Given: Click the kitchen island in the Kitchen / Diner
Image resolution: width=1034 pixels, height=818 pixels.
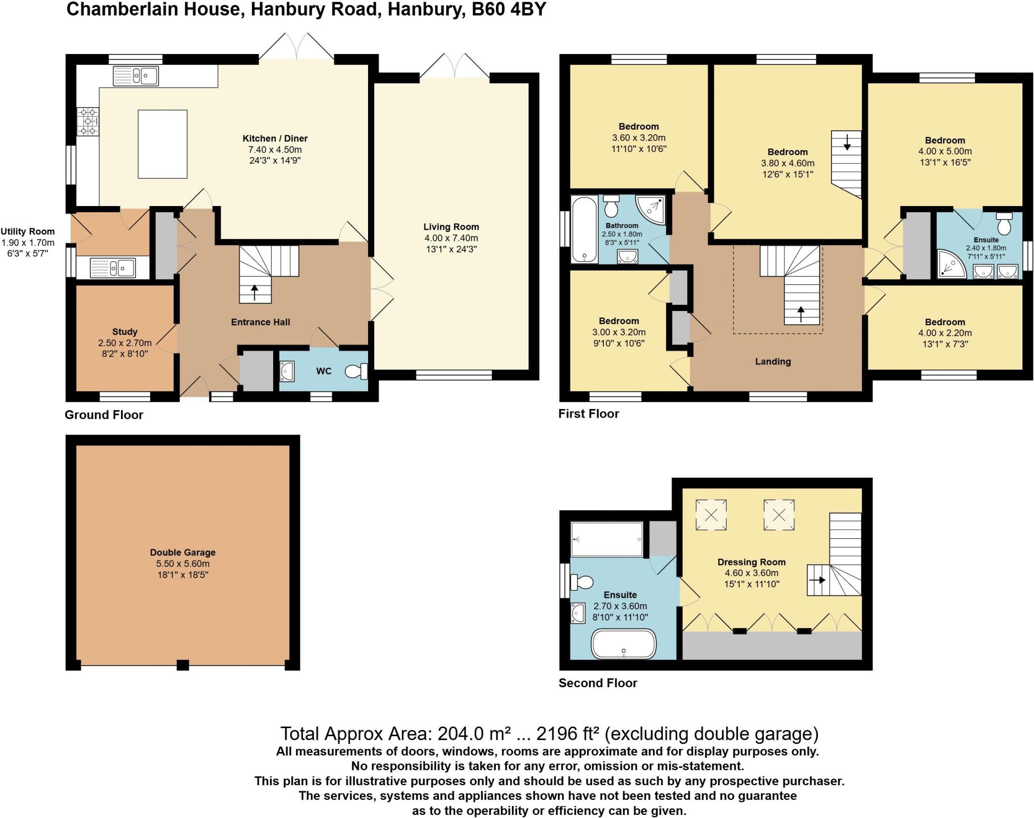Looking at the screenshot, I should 163,144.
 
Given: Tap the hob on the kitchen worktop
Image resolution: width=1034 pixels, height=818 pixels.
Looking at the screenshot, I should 87,122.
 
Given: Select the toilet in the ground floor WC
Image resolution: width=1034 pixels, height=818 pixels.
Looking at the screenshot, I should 356,372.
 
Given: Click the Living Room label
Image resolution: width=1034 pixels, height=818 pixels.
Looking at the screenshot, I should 451,227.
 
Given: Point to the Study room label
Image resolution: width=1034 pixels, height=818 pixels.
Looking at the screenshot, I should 125,332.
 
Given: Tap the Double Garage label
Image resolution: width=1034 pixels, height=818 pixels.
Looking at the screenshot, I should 182,552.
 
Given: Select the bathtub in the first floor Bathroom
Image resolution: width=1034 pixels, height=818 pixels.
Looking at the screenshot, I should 584,230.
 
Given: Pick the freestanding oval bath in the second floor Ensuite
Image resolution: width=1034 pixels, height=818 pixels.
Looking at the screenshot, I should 624,644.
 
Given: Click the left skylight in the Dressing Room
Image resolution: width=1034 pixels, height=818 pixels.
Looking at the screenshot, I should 711,515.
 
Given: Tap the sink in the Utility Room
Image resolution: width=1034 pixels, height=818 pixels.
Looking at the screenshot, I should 113,268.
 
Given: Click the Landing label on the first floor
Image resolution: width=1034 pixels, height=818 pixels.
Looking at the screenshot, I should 772,362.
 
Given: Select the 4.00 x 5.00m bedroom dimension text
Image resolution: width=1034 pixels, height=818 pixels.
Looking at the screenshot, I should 945,151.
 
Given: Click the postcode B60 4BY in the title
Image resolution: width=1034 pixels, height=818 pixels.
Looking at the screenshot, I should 508,10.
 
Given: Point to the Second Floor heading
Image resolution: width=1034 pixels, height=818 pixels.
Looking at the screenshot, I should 598,683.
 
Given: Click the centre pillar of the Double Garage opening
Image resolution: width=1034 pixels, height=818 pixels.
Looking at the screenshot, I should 183,665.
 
